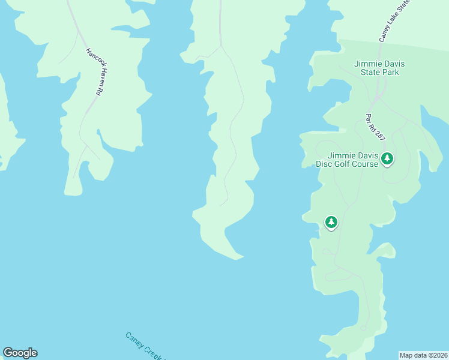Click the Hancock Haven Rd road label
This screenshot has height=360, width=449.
pyautogui.click(x=92, y=72)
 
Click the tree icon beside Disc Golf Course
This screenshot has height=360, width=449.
pyautogui.click(x=387, y=158)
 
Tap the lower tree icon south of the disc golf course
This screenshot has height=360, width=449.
pyautogui.click(x=331, y=223)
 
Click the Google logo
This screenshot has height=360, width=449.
pyautogui.click(x=20, y=353)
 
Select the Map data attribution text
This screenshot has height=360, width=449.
pyautogui.click(x=423, y=355)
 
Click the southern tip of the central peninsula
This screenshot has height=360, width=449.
pyautogui.click(x=238, y=258)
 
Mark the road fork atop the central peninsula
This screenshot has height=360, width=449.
pyautogui.click(x=221, y=46)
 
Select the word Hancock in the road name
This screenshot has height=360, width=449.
pyautogui.click(x=89, y=60)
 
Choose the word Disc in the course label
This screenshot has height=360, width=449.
pyautogui.click(x=326, y=164)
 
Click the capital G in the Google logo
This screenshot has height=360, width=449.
pyautogui.click(x=8, y=353)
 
